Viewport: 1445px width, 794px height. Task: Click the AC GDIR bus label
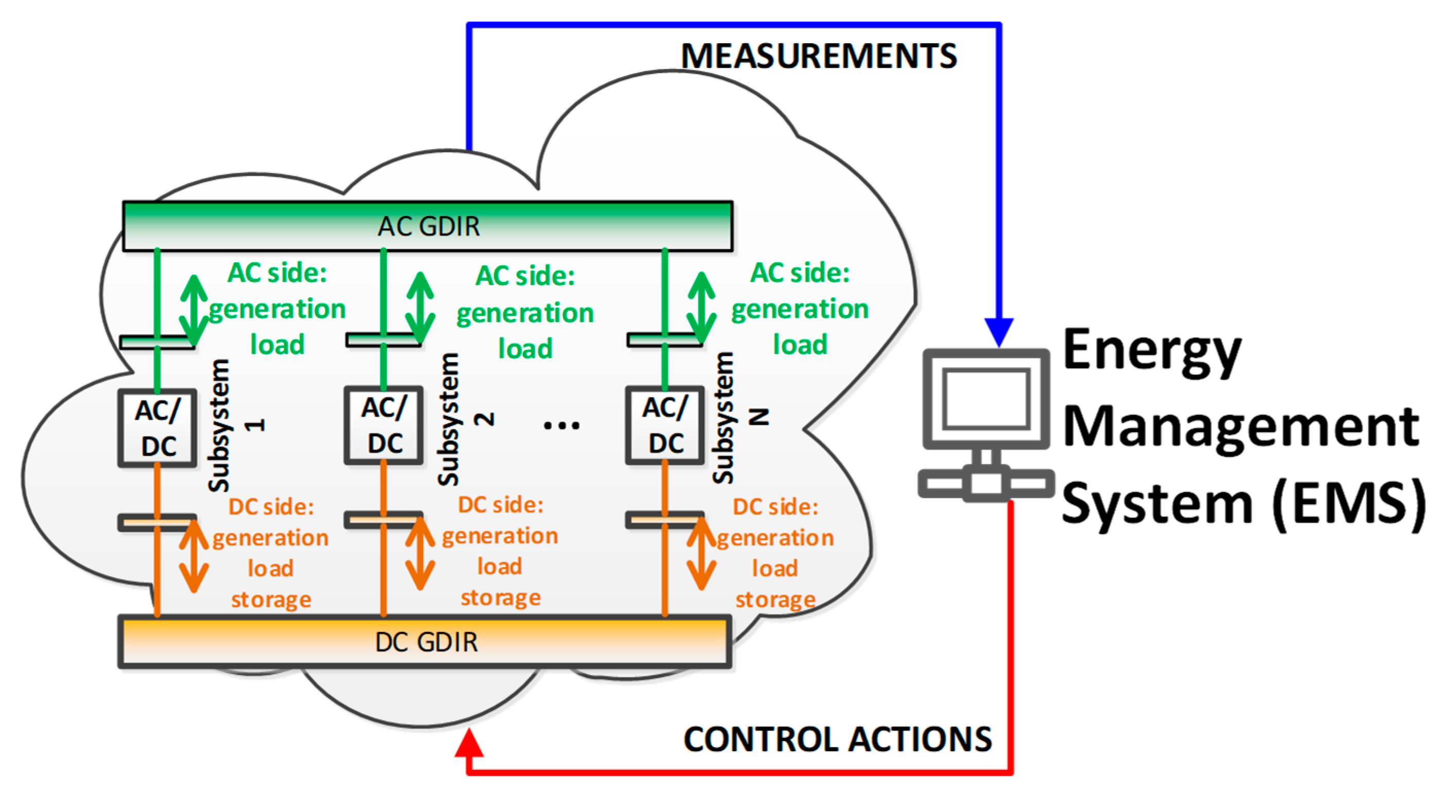429,227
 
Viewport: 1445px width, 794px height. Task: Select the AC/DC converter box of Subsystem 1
157,428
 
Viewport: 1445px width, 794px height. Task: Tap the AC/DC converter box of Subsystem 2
384,426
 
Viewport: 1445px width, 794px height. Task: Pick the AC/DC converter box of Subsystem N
665,426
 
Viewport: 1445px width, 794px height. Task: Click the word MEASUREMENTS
819,56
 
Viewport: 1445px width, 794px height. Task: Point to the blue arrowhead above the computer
999,333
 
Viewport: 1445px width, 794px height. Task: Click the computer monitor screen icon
986,399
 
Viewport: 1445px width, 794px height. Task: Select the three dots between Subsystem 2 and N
561,426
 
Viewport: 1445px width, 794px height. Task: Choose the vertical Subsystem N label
740,418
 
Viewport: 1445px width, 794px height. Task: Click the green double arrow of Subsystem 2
420,308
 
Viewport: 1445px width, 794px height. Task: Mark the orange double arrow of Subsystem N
701,554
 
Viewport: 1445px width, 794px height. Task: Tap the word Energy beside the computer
1152,352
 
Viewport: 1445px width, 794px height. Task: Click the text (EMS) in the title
1350,504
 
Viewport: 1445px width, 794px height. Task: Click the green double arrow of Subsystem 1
193,310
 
